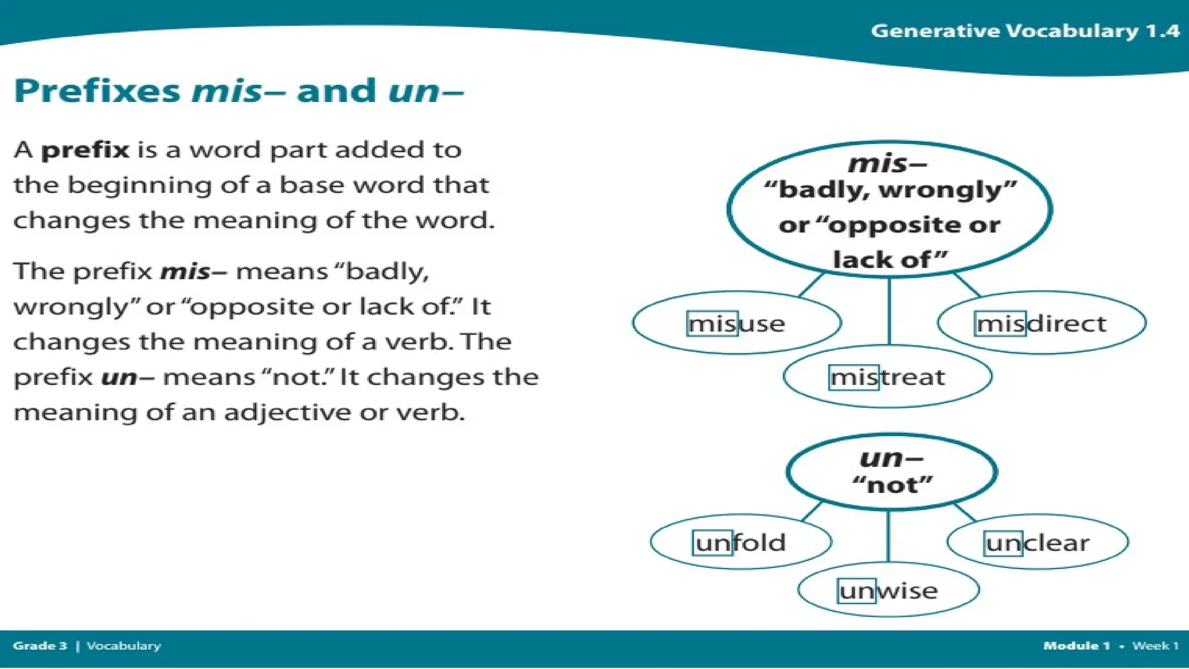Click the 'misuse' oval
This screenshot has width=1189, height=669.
coord(737,323)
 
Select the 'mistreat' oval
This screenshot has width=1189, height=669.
coord(887,377)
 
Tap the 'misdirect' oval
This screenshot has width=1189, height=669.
coord(1042,323)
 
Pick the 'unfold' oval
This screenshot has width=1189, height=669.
coord(741,542)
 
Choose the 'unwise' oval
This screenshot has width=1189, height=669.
coord(888,591)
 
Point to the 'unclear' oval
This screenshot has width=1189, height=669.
coord(1037,542)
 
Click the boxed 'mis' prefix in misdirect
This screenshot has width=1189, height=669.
coord(1000,323)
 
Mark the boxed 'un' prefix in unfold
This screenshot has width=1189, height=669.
coord(712,543)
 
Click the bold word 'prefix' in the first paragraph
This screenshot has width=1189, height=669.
coord(85,150)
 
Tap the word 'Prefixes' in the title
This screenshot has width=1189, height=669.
coord(97,91)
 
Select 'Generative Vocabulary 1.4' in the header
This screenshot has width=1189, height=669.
coord(1025,30)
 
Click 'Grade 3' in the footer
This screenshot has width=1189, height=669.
coord(40,646)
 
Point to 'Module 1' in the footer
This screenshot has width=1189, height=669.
coord(1076,646)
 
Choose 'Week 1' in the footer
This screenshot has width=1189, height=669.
coord(1155,646)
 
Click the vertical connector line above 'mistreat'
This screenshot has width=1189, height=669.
coord(889,311)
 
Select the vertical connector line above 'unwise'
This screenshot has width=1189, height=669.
coord(888,535)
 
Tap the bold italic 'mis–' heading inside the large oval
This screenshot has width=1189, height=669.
coord(887,163)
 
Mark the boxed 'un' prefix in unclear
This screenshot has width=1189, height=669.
coord(1004,543)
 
